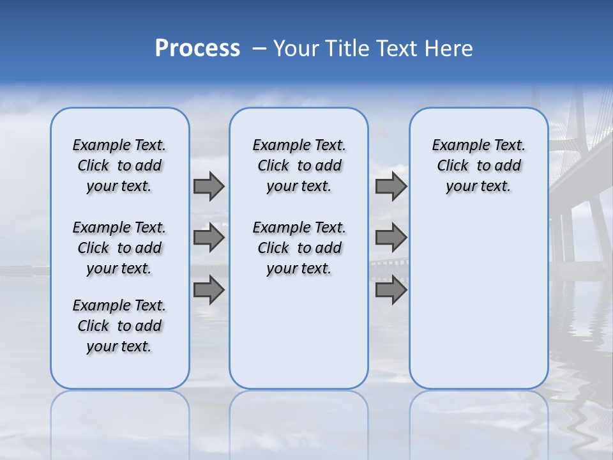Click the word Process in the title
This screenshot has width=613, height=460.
[x=197, y=49]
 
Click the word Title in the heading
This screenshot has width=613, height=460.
[x=347, y=49]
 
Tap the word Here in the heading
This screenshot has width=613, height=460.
[x=448, y=49]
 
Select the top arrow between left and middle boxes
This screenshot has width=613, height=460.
[x=209, y=186]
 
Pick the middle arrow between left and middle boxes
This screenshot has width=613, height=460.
[x=209, y=238]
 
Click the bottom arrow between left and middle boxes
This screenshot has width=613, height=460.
[x=209, y=290]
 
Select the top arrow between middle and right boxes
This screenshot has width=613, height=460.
[x=391, y=186]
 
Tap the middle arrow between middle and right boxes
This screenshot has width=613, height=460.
[x=391, y=238]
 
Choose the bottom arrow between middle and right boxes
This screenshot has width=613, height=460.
[x=391, y=290]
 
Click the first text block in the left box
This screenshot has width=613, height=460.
[x=119, y=165]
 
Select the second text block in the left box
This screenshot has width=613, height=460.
[x=119, y=248]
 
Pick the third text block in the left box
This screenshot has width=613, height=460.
[x=119, y=326]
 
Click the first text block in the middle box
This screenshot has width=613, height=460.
[x=299, y=165]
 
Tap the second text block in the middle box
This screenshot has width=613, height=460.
[x=299, y=248]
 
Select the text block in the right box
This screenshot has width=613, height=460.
[x=478, y=165]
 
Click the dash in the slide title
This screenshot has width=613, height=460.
[x=259, y=49]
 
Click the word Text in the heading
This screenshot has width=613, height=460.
[x=398, y=49]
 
